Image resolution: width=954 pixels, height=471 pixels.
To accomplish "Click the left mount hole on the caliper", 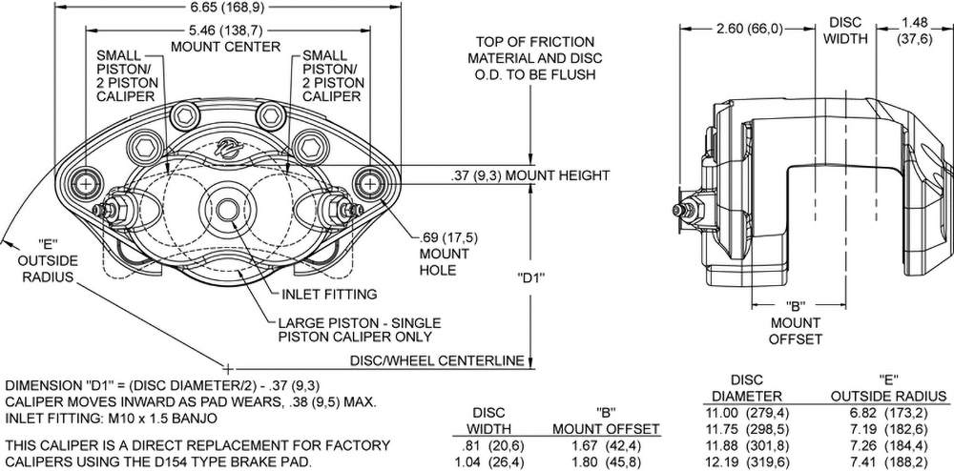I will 86,182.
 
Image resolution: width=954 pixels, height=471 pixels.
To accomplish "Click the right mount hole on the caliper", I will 367,182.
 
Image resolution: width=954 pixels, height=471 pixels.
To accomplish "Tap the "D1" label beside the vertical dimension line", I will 529,279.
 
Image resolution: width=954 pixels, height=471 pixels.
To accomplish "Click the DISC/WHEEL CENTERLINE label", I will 439,360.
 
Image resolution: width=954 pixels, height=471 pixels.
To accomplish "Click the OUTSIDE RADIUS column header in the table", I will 888,396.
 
